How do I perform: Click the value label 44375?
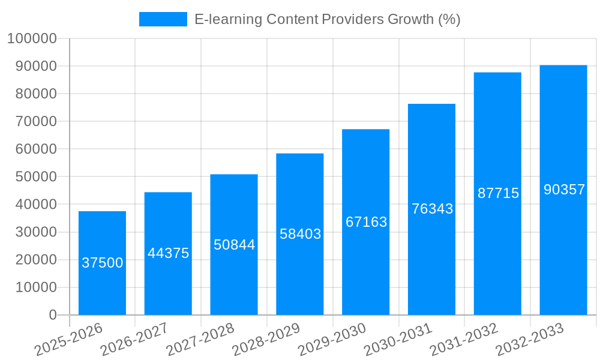[169, 253]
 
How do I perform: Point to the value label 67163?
[366, 222]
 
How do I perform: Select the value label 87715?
[498, 193]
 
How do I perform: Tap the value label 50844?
[234, 245]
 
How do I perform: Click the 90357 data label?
[564, 190]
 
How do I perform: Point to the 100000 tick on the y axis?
[31, 38]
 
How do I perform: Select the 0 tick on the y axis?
[53, 315]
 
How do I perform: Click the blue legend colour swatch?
[163, 19]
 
